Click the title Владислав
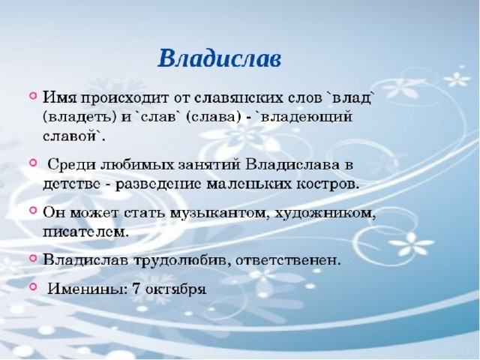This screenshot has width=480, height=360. coord(220,58)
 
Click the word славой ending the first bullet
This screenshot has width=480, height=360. coord(72,136)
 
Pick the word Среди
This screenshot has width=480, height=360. coord(70,166)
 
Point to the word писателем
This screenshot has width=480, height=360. coord(85,232)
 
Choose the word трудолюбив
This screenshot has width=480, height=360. coord(182,262)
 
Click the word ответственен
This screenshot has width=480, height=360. coord(288,261)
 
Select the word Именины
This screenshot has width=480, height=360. coord(87,289)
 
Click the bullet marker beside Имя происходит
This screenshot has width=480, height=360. coord(33,96)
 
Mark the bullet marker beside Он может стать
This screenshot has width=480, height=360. coord(33,211)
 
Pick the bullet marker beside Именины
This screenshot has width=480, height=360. coord(33,286)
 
